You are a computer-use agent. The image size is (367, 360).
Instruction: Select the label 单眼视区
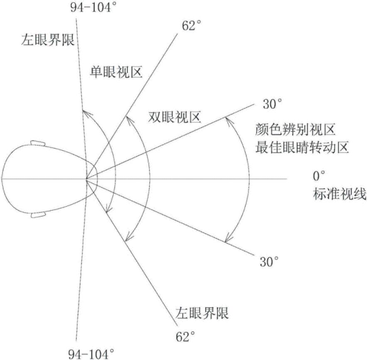coord(117,73)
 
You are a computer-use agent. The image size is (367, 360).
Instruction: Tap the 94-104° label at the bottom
coord(91,353)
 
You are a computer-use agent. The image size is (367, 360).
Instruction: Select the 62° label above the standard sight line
coord(192,26)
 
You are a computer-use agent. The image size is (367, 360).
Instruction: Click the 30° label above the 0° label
coord(272,104)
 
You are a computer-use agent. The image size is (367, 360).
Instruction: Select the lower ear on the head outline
coord(39,215)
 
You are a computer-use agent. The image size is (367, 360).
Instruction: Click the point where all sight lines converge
coord(86,179)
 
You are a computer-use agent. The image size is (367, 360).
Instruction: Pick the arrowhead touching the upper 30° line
coord(226,120)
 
